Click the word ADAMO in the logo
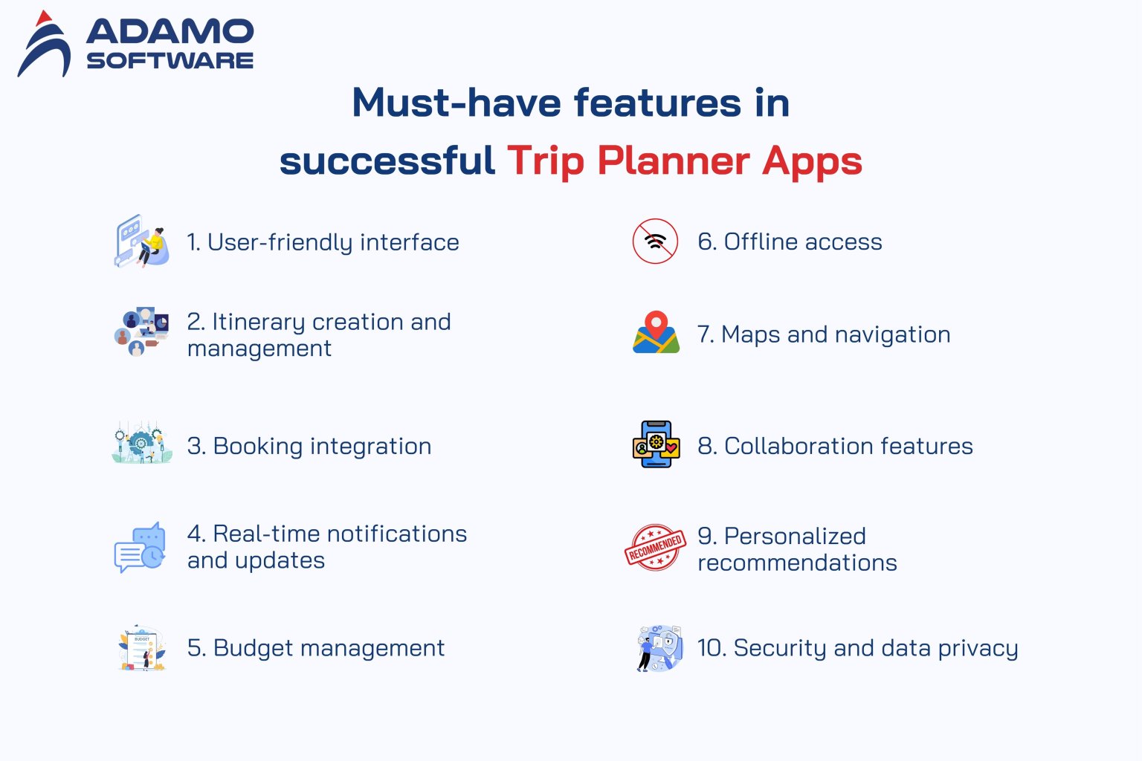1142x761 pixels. (170, 31)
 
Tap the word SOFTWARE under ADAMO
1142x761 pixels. (170, 61)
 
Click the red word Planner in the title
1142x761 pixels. (673, 161)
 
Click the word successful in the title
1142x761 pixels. (387, 161)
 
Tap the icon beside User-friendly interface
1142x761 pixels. (141, 242)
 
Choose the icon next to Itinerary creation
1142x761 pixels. (141, 331)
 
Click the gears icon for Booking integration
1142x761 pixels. (141, 444)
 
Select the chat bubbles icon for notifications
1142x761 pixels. (140, 548)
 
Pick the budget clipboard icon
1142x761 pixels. (141, 648)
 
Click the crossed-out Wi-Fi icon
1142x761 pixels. (655, 241)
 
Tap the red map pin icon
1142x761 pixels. (656, 332)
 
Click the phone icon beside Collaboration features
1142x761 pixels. (656, 444)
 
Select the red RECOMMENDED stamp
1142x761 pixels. (655, 548)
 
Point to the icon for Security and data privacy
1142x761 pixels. (659, 648)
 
